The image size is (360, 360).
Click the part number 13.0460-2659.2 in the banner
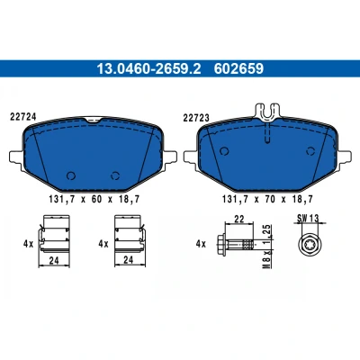tap(148, 68)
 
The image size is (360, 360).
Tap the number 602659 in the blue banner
tap(238, 68)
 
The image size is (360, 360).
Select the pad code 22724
tap(23, 117)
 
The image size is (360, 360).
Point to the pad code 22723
tap(196, 118)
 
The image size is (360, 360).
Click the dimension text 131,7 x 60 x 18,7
tap(94, 199)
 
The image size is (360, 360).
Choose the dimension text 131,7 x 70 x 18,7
tap(267, 199)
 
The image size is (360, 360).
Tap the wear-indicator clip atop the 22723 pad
tap(267, 112)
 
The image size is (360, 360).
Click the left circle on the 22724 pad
tap(71, 175)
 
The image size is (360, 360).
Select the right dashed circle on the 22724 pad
tap(115, 175)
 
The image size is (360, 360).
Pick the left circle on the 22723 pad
tap(224, 151)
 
